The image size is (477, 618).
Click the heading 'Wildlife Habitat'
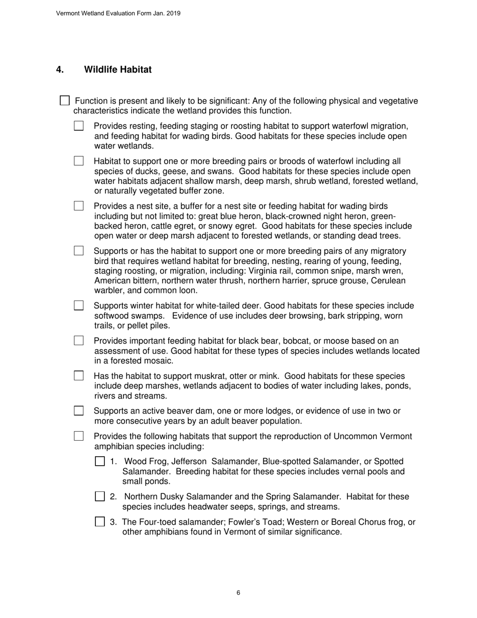(117, 69)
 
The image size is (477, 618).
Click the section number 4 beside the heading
(60, 69)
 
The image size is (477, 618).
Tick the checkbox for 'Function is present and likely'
(65, 100)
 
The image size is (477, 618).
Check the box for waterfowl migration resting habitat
(79, 126)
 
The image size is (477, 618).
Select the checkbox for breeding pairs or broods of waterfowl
(79, 161)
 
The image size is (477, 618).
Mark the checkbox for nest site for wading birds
(79, 205)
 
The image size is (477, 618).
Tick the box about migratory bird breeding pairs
(79, 250)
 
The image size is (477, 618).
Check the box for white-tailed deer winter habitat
(79, 305)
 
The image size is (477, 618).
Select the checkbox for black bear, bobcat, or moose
(79, 341)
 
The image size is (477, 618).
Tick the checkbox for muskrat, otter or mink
(79, 375)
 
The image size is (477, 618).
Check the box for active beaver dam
(79, 410)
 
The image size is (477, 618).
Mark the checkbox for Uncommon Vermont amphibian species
(79, 436)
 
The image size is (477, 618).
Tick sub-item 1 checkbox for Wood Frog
(100, 461)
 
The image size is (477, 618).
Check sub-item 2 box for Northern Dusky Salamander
(100, 496)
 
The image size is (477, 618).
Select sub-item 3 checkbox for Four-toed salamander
(100, 522)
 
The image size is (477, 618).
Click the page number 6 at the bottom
(238, 593)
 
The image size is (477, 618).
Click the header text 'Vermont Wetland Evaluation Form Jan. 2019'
(118, 13)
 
